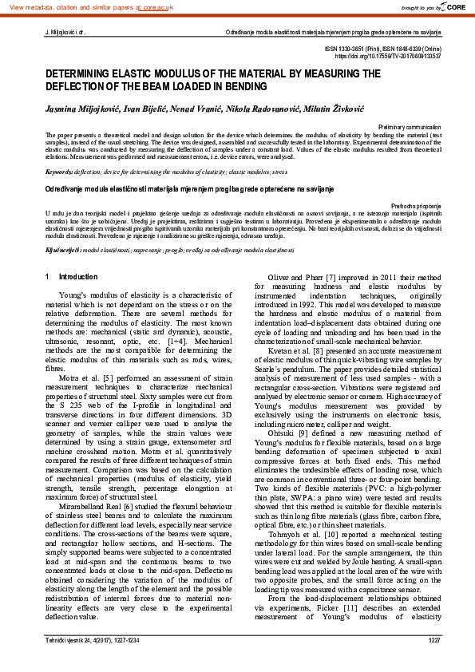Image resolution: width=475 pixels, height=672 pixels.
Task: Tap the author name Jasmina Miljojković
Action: (x=75, y=106)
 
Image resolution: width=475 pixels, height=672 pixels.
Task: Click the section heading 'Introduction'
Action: (x=78, y=277)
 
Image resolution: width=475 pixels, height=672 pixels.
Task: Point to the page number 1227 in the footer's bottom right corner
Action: (x=434, y=662)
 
